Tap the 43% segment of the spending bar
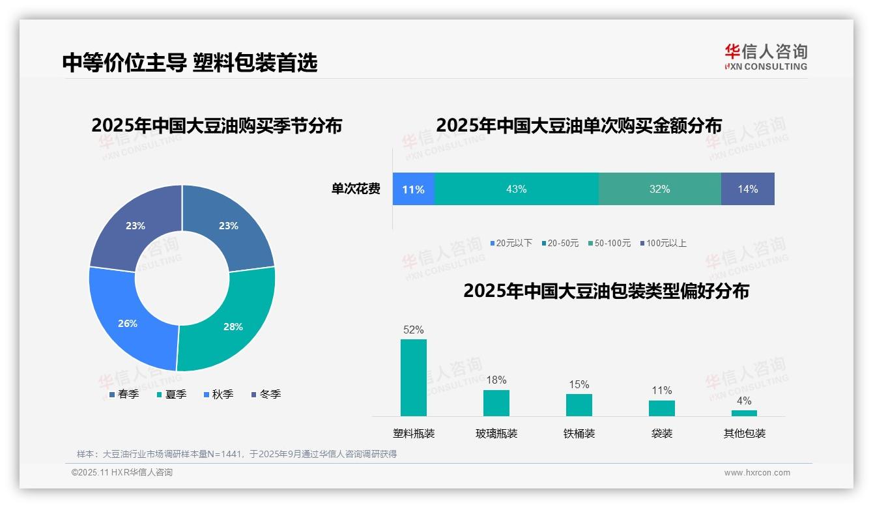pos(516,189)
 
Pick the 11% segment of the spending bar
pos(413,189)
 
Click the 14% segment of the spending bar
pos(747,189)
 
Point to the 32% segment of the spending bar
pos(659,189)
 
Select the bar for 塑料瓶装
pos(413,378)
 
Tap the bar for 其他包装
pos(744,413)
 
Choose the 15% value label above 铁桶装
pos(579,385)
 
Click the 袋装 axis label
pos(661,433)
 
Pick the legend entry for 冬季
pos(266,394)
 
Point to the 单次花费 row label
pos(356,189)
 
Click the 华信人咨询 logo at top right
pos(766,57)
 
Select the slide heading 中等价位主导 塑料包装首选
pos(190,63)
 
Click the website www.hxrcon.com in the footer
pos(757,473)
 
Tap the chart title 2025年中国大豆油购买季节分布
pos(216,125)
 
